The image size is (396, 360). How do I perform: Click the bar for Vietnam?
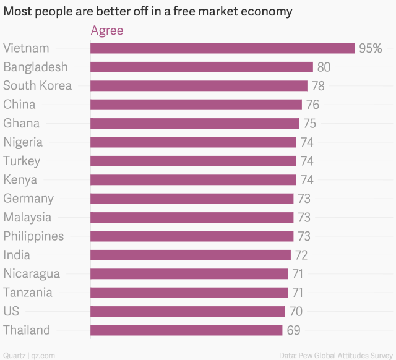click(x=222, y=48)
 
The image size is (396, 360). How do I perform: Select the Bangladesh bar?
click(x=202, y=67)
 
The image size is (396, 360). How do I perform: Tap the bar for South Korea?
click(x=199, y=86)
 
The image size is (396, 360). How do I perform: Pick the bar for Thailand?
click(x=186, y=330)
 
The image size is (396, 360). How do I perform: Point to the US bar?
click(x=187, y=311)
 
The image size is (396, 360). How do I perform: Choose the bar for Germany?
click(x=192, y=199)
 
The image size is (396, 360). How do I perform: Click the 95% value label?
click(x=370, y=48)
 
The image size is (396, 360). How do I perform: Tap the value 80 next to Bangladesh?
click(x=324, y=67)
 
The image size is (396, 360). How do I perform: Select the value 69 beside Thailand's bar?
click(x=293, y=330)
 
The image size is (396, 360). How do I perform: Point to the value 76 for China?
click(x=312, y=105)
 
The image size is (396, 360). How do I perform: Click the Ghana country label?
click(x=22, y=123)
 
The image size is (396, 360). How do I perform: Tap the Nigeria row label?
click(x=23, y=142)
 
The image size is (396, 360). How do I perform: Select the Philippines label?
click(x=33, y=236)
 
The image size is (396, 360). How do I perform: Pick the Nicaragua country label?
click(x=32, y=273)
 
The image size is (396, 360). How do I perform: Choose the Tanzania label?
click(x=28, y=293)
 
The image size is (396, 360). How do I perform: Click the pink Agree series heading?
click(x=107, y=30)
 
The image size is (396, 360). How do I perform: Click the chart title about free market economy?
click(x=148, y=12)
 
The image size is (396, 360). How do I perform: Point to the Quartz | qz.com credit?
click(x=28, y=355)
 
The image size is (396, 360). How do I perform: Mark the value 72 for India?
click(x=301, y=255)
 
